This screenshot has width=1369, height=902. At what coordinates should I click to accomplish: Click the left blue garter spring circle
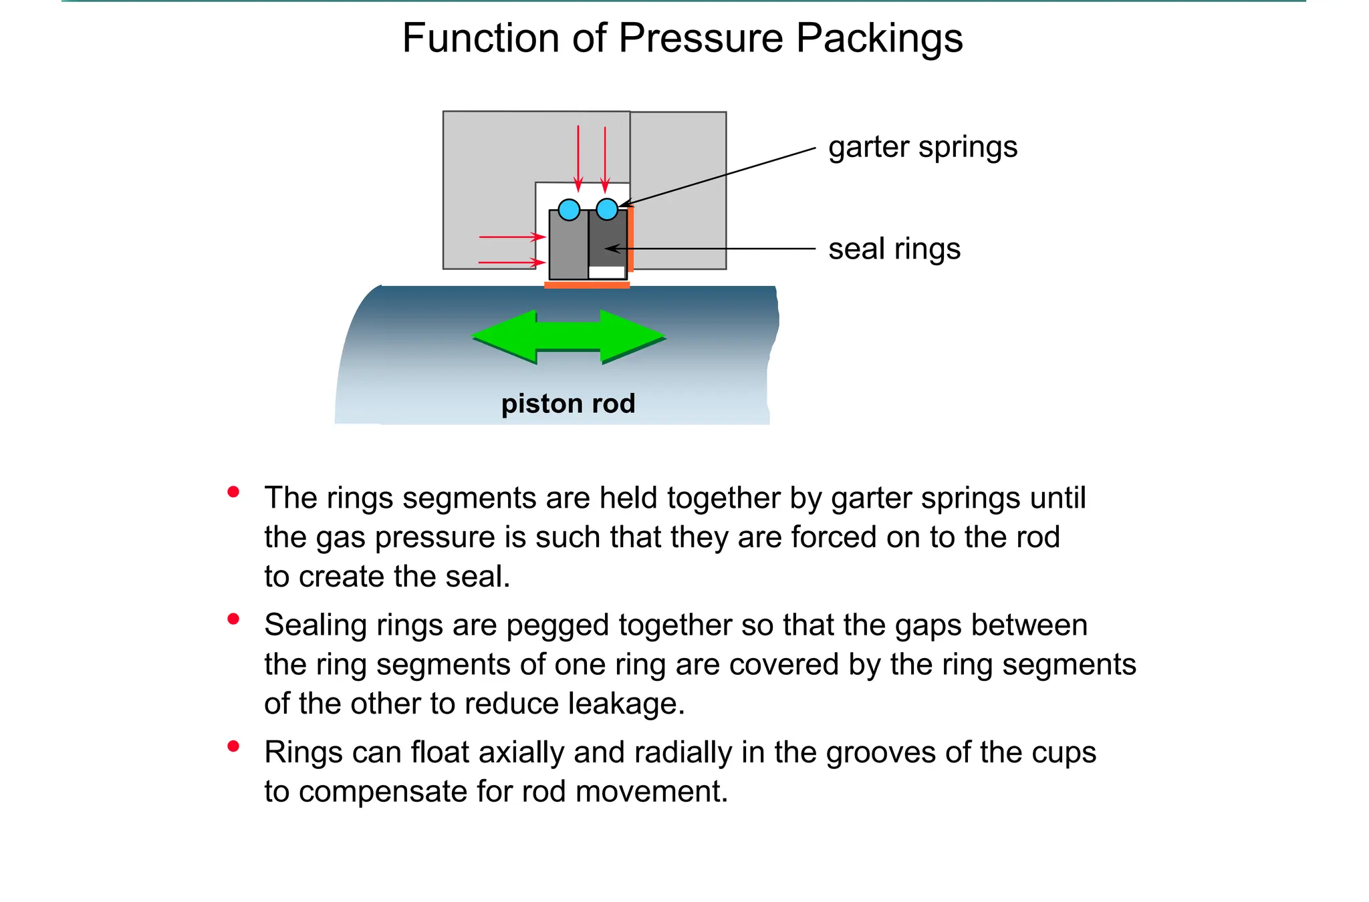569,210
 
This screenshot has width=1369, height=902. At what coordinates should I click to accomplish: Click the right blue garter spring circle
607,209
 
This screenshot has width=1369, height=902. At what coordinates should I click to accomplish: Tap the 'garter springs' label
922,147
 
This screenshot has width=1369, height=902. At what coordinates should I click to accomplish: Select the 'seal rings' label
894,249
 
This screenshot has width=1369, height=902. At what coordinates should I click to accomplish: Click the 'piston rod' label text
568,404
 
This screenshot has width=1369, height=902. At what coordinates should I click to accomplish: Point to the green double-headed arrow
568,336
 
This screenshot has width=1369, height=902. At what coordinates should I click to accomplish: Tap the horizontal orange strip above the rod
587,285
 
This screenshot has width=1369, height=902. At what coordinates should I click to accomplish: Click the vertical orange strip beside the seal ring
630,239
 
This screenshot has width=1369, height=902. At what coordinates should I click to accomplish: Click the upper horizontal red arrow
512,237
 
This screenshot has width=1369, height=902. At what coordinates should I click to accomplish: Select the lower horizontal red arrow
512,263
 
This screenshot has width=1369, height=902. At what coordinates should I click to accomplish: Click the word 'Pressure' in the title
700,38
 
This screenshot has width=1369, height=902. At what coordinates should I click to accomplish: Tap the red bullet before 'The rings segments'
233,492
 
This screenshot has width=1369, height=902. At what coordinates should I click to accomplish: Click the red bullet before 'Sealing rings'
233,619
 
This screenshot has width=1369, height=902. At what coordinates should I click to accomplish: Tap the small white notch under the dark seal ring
607,272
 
